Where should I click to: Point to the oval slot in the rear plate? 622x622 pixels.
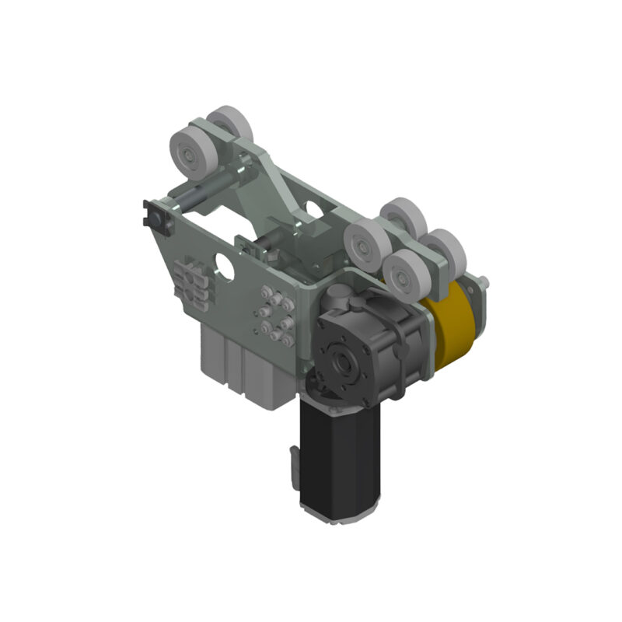pos(313,208)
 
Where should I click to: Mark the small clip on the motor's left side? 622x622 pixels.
pos(292,463)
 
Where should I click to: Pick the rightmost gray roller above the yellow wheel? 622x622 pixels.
pos(446,250)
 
